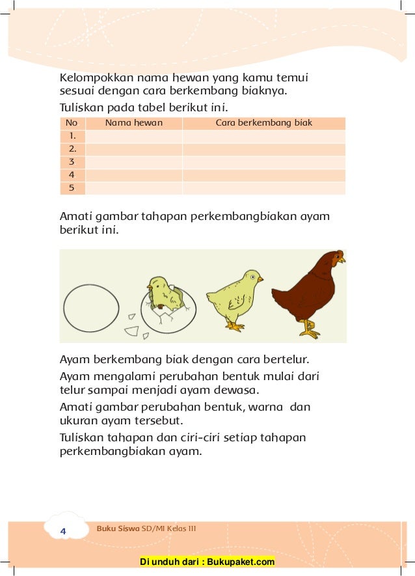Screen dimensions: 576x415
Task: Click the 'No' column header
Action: [72, 122]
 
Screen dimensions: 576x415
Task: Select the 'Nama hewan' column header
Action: [134, 122]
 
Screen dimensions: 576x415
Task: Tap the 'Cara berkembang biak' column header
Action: [263, 122]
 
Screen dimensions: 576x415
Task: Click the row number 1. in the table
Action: [72, 136]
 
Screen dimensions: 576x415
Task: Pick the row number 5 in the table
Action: [72, 188]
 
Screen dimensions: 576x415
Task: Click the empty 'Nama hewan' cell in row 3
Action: [134, 162]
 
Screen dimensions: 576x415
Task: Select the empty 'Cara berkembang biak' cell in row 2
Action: [263, 149]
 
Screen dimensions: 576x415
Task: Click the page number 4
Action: [63, 532]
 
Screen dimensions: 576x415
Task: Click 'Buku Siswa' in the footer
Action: [117, 528]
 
